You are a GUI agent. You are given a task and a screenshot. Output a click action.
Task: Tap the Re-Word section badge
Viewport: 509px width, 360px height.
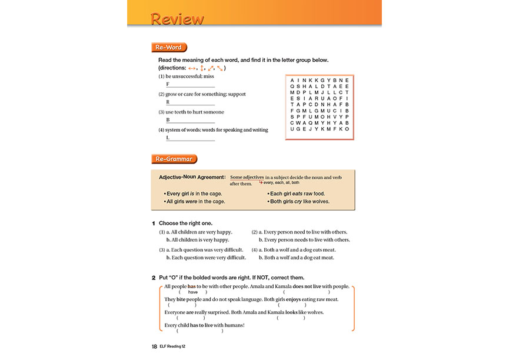tap(169, 48)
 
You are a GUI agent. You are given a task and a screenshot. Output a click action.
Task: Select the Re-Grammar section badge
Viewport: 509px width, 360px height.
tap(174, 159)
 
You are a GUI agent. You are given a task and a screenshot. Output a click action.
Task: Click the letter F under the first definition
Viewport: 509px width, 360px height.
tap(168, 84)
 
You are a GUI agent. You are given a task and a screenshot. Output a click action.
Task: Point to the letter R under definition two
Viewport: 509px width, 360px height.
tap(168, 102)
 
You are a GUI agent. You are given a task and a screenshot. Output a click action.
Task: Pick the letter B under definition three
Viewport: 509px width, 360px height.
tap(168, 120)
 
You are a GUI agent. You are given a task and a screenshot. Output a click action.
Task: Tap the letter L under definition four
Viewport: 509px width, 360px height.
tap(168, 138)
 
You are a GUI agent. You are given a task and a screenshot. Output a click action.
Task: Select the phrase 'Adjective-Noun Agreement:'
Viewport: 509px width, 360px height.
tap(192, 177)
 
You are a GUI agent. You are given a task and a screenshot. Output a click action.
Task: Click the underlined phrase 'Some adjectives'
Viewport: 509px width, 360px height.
tap(247, 177)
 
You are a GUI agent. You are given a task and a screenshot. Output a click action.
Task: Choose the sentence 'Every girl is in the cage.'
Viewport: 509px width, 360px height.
tap(194, 194)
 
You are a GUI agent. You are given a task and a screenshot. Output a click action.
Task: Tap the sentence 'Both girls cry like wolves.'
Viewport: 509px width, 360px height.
tap(300, 201)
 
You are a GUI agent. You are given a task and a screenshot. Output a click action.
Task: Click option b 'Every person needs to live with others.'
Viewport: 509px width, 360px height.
tap(304, 240)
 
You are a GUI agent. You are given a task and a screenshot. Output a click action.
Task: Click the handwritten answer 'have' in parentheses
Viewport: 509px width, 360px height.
tap(192, 292)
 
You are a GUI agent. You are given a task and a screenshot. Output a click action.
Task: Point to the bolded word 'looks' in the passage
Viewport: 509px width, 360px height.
tap(290, 312)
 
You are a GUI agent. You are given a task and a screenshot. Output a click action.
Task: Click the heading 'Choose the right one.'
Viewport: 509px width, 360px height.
tap(186, 224)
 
